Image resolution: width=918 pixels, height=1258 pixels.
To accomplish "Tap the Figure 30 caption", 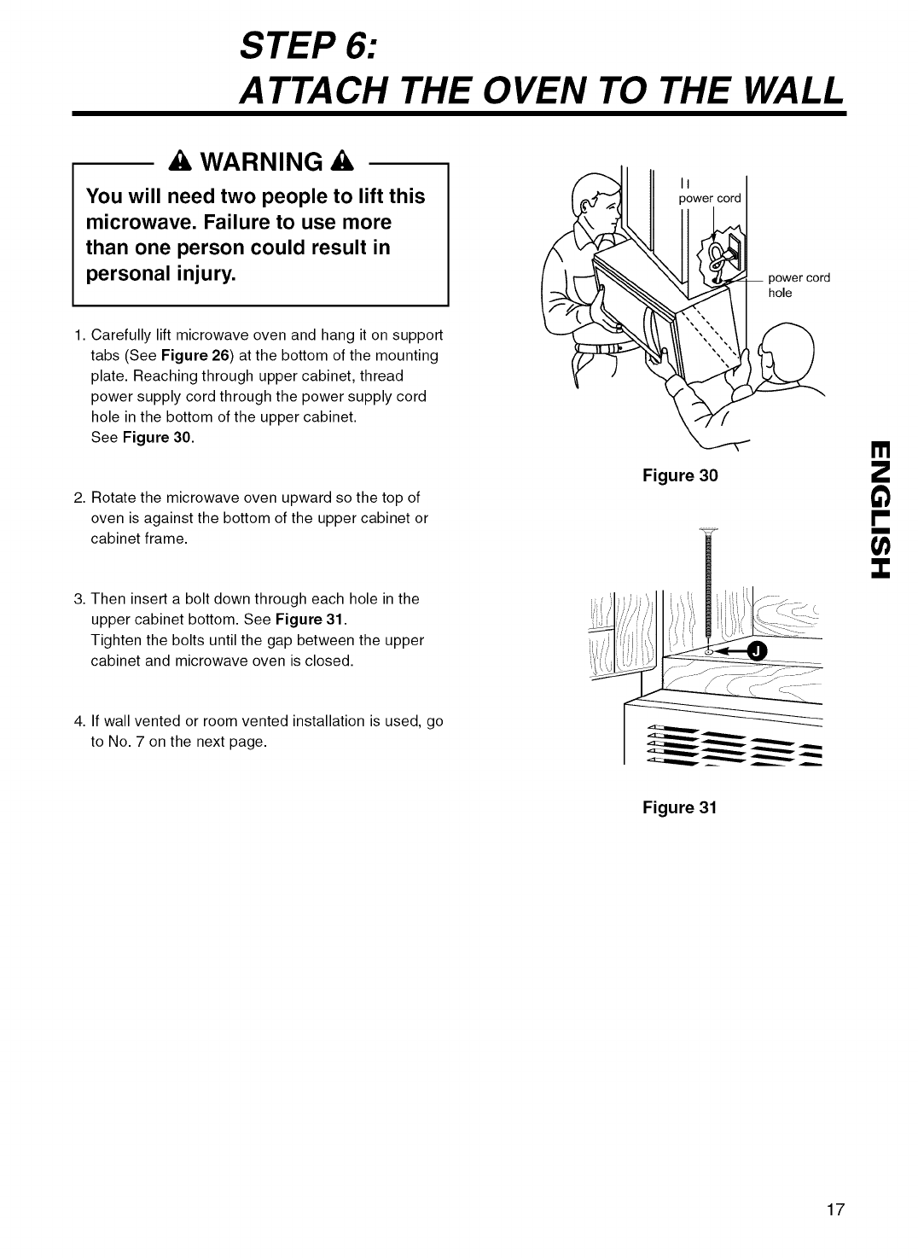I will [x=680, y=475].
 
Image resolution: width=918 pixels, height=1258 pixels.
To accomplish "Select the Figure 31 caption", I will [x=680, y=807].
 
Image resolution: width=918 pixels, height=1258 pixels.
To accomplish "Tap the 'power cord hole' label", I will [x=799, y=286].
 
